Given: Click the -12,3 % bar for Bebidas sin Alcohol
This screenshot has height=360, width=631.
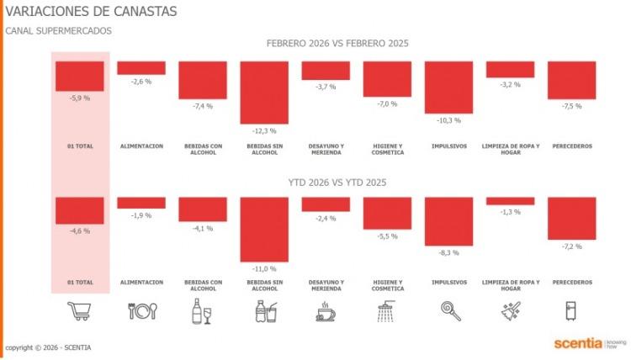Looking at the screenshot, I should click(x=264, y=93).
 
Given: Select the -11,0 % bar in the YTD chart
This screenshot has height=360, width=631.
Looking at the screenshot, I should click(x=264, y=229).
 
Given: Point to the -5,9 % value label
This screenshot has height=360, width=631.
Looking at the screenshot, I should click(x=80, y=98).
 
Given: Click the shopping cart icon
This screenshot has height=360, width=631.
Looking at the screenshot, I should click(x=80, y=311).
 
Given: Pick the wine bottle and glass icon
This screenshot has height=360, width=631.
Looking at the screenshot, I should click(x=203, y=311).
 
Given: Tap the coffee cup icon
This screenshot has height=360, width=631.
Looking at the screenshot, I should click(x=326, y=312).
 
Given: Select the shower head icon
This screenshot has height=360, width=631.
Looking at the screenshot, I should click(x=387, y=312).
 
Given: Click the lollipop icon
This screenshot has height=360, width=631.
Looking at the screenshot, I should click(x=448, y=311).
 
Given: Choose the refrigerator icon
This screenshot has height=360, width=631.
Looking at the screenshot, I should click(x=571, y=311).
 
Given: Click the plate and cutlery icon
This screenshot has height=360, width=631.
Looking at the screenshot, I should click(x=141, y=311).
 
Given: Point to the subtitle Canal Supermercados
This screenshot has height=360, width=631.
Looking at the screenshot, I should click(x=58, y=31).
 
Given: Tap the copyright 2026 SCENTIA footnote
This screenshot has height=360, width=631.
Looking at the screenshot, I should click(x=48, y=347).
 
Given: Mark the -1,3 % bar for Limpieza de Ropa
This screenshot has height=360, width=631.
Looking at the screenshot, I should click(x=510, y=201).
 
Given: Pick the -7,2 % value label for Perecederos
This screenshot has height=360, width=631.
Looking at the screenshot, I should click(x=571, y=246).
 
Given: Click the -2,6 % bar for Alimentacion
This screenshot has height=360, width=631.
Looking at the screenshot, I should click(x=141, y=68).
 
